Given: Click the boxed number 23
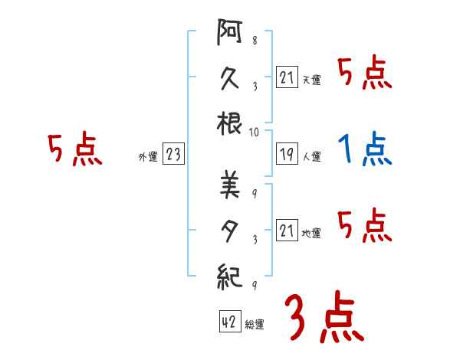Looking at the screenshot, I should coord(173,155).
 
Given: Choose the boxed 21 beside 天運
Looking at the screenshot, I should coord(287,77).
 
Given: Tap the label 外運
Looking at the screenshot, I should coord(147,157).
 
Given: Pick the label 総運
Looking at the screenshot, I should coord(255,324).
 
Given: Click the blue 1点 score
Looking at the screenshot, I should coord(364,149).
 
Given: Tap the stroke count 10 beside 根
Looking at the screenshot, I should coord(254,132).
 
